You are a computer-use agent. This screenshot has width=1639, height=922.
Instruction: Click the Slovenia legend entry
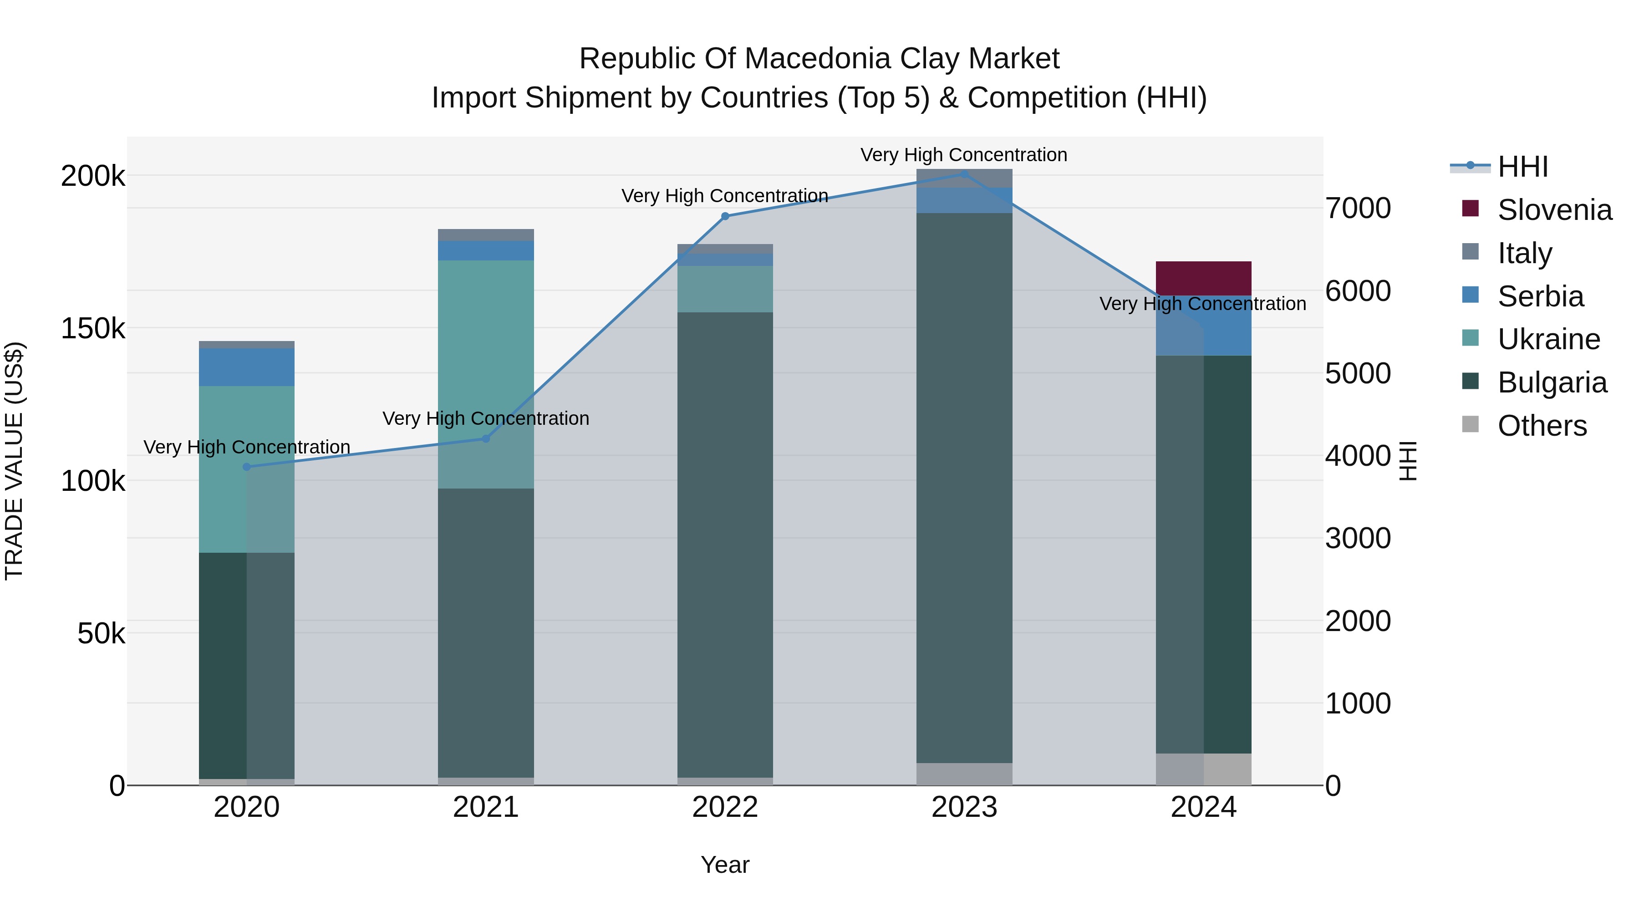point(1537,209)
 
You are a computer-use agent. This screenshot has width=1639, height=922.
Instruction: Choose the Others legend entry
point(1524,425)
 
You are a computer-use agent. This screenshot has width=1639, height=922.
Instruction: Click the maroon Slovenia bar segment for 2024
point(1203,278)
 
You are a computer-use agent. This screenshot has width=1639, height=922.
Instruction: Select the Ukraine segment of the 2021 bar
point(485,374)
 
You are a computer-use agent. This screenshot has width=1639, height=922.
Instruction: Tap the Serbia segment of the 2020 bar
point(246,367)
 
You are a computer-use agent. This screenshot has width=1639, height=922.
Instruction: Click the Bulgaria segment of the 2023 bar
point(964,488)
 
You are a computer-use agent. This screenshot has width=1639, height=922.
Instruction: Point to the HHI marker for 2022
point(725,216)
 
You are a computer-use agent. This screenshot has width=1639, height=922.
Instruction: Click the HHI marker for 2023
point(964,174)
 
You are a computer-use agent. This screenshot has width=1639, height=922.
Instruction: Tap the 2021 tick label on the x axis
point(485,807)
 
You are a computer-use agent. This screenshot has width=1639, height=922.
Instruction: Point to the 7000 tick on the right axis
point(1358,208)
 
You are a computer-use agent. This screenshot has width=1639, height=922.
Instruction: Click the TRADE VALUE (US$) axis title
point(14,461)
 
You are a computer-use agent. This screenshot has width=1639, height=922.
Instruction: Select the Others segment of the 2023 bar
point(964,774)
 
